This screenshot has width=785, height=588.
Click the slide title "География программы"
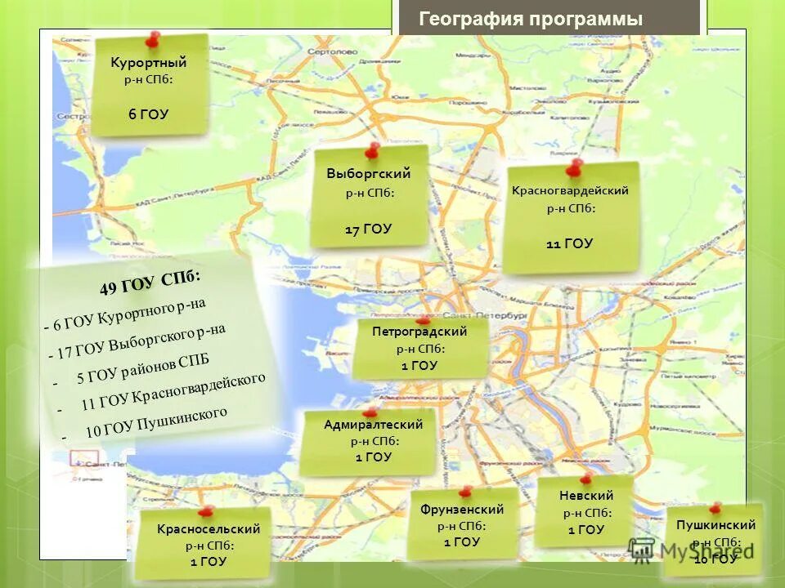tap(531, 20)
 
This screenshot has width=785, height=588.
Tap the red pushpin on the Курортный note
tap(151, 38)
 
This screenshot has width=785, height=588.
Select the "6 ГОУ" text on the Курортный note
tap(148, 114)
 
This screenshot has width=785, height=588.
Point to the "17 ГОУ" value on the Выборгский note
tap(368, 229)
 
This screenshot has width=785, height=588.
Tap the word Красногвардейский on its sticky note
tap(570, 190)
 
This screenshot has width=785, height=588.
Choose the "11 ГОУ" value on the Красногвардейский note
tap(569, 243)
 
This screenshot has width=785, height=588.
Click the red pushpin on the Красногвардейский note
tap(572, 168)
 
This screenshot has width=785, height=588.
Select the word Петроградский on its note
tap(419, 332)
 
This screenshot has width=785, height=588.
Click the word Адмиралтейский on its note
tap(373, 425)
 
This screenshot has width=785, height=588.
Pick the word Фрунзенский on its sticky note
tap(462, 510)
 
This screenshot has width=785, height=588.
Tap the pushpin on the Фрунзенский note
tap(465, 492)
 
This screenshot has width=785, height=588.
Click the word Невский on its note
tap(586, 496)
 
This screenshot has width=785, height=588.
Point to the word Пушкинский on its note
tap(715, 525)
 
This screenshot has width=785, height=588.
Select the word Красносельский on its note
tap(209, 529)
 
